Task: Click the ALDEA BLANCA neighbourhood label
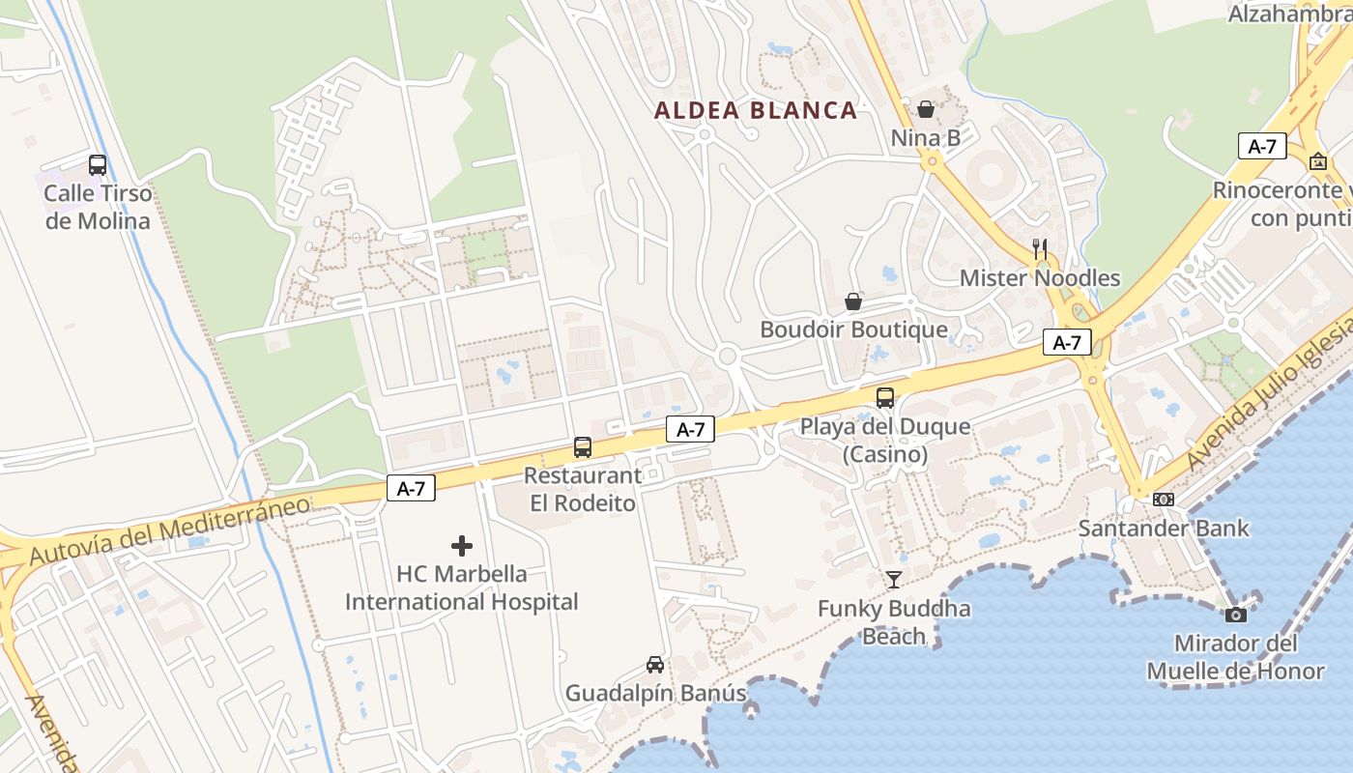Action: tap(756, 110)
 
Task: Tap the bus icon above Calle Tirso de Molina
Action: tap(98, 164)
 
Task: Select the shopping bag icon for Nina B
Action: tap(926, 108)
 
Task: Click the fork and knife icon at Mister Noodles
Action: tap(1040, 248)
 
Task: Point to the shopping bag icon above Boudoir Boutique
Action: tap(853, 301)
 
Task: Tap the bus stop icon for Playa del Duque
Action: tap(885, 397)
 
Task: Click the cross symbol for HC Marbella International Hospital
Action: tap(462, 546)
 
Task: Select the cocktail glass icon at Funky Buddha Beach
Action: tap(894, 579)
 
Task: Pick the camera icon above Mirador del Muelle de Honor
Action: tap(1235, 615)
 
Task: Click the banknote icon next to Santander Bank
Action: tap(1164, 500)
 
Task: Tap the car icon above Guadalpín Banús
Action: tap(655, 665)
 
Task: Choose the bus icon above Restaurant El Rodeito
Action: tap(582, 446)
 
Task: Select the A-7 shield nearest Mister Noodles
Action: tap(1067, 342)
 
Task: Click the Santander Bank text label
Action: tap(1164, 529)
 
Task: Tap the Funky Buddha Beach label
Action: tap(894, 622)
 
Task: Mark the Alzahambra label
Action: tap(1289, 14)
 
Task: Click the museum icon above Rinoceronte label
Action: tap(1317, 161)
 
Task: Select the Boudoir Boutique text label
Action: tap(853, 329)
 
